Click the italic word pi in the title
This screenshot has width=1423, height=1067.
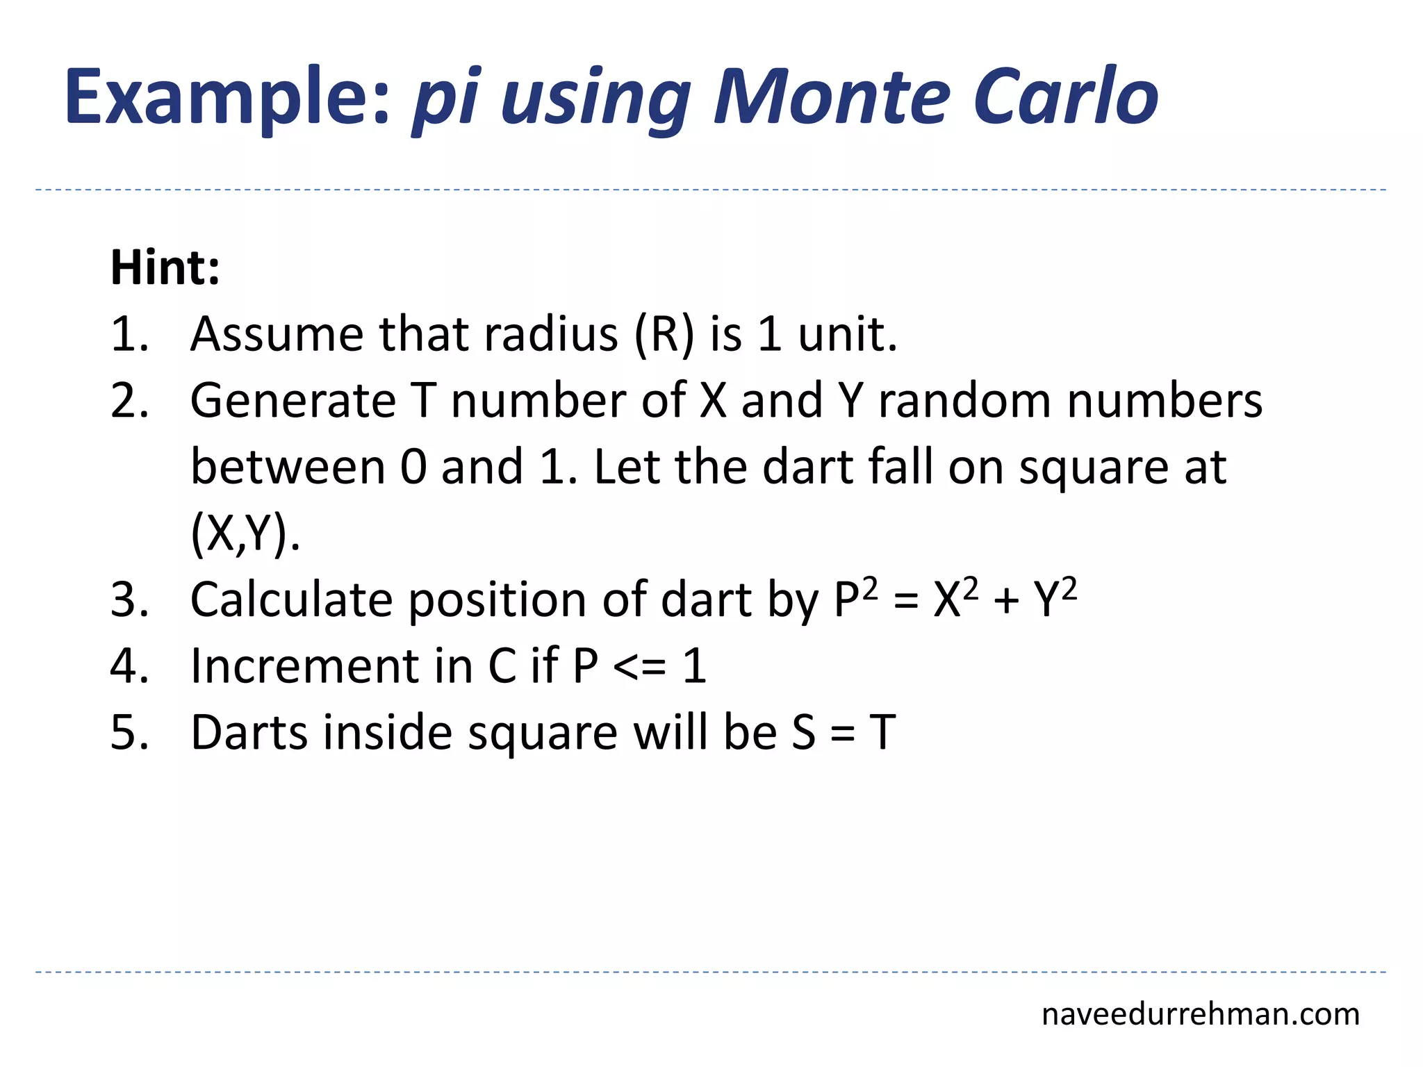pos(445,101)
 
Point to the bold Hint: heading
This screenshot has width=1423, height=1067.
pos(165,268)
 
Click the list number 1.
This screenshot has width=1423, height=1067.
pos(129,335)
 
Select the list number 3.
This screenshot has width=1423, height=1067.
pos(129,600)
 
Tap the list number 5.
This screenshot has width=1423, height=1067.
pos(129,734)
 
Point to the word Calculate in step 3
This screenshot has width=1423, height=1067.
pos(292,600)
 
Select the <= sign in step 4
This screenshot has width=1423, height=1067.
pos(640,667)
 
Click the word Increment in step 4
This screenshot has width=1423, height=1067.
pos(304,667)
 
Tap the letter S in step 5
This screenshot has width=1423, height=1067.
pos(804,734)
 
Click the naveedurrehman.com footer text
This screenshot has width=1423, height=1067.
pos(1200,1015)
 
